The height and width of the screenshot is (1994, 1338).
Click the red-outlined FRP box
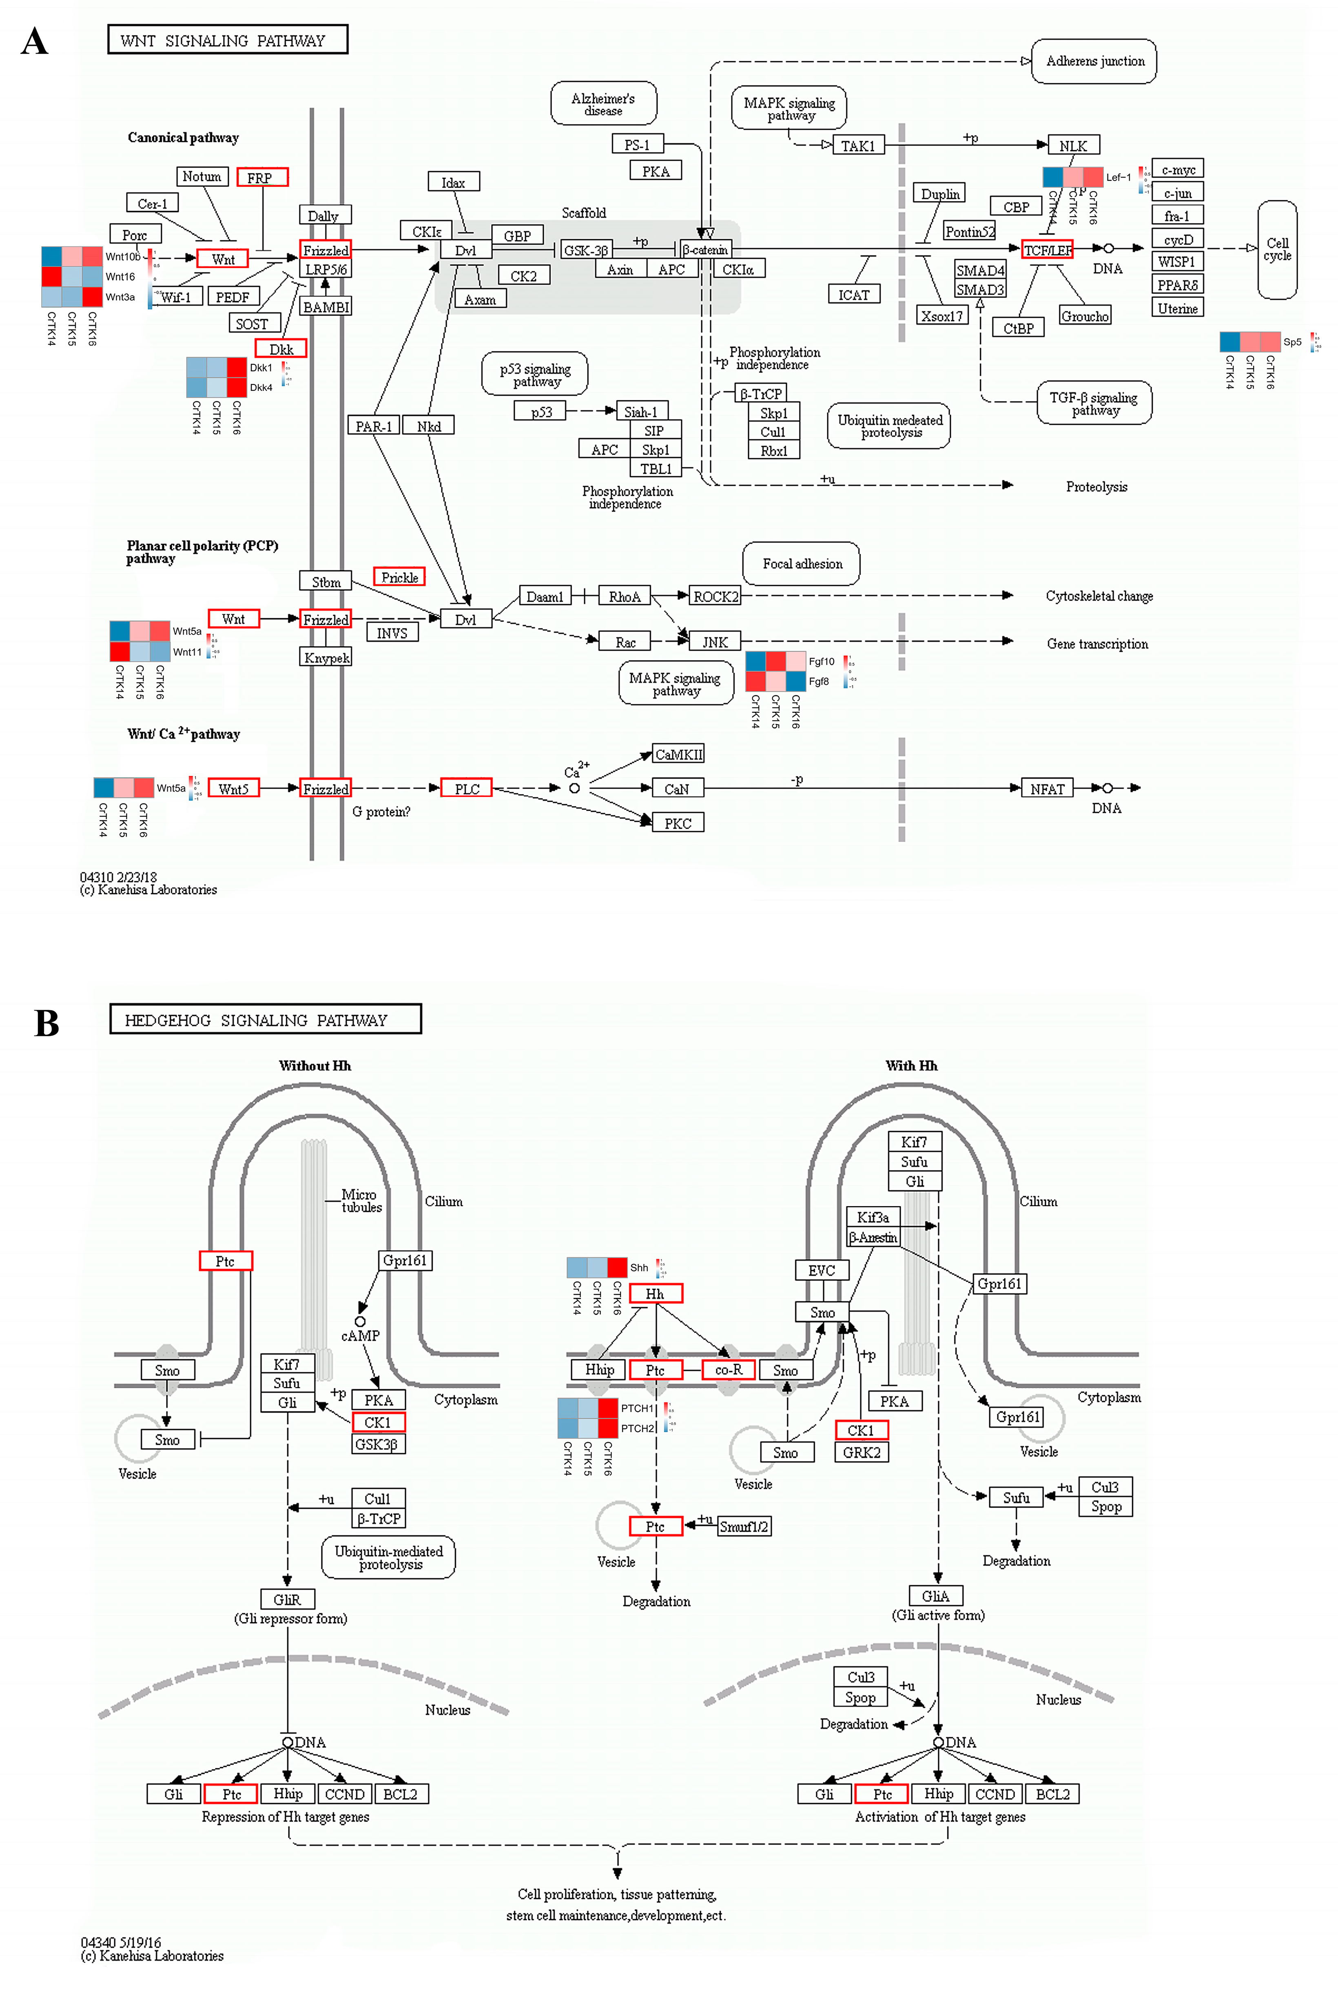[x=262, y=177]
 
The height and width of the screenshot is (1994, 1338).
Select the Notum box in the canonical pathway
[x=202, y=177]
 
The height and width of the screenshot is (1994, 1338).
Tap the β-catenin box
[x=706, y=250]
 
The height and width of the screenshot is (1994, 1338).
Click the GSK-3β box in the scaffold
[x=585, y=250]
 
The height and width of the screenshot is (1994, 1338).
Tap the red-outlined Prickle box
[x=399, y=578]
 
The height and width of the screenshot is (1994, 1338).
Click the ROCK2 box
[x=715, y=597]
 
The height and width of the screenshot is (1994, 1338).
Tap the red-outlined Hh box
[x=656, y=1293]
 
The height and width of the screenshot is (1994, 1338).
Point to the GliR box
[x=288, y=1599]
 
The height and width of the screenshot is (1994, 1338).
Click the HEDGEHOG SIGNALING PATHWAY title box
[x=266, y=1019]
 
